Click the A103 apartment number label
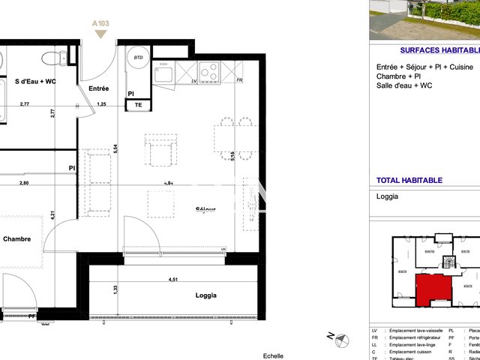coord(100,24)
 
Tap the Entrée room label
coord(99,88)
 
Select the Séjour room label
coord(205,209)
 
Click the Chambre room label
coord(16,239)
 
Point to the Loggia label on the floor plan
coord(205,295)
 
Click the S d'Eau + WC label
coord(35,82)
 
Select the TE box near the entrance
coord(138,106)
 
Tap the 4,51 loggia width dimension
coord(173,281)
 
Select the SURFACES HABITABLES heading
coord(439,50)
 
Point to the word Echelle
coord(274,355)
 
